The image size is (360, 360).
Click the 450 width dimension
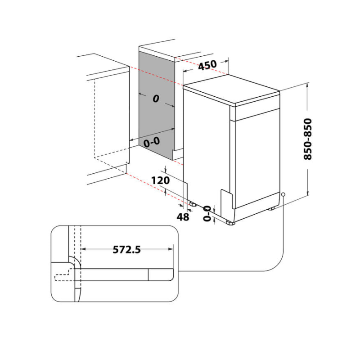coord(207,65)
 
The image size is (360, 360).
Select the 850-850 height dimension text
coord(308,139)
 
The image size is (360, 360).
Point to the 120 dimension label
coord(160,181)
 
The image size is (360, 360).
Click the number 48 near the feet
coord(183,216)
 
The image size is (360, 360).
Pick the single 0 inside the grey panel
coord(156,99)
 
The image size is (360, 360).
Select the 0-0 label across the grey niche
coord(151,142)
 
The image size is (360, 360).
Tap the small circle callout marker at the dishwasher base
coord(283,194)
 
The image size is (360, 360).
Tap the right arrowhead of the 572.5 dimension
coord(171,248)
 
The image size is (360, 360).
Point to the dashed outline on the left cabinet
coord(95,121)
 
